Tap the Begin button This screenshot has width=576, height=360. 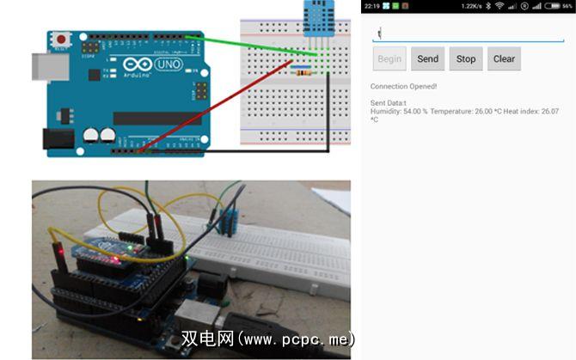(389, 59)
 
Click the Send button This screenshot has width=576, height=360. (427, 59)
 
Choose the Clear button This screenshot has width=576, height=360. (504, 59)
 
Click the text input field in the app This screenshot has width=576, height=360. (467, 34)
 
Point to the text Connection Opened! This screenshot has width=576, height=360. (403, 86)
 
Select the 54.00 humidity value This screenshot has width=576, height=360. (416, 112)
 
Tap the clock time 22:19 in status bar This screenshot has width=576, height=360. (371, 6)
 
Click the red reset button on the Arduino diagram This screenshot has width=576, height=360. (62, 40)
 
